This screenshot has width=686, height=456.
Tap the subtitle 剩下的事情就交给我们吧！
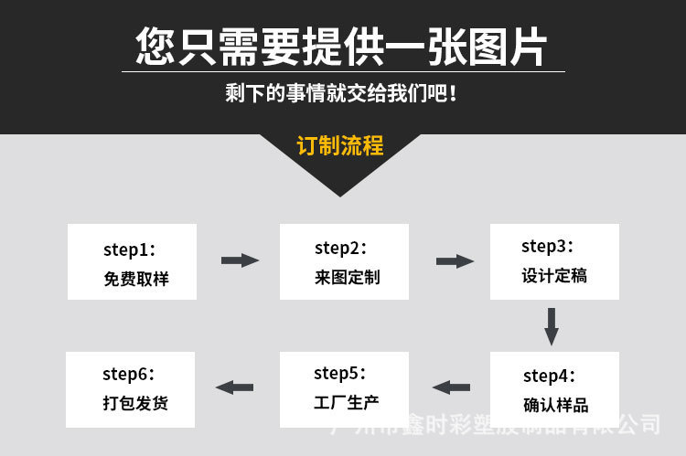[341, 94]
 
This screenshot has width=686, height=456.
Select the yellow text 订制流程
[340, 146]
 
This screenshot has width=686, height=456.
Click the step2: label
[340, 248]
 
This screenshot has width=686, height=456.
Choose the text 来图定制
[347, 278]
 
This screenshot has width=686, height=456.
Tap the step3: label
[548, 246]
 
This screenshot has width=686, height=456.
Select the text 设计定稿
[554, 275]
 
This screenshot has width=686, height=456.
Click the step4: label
[549, 376]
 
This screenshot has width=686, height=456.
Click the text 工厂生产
[346, 402]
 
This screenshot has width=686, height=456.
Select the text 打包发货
[134, 403]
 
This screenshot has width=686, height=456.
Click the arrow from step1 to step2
[240, 260]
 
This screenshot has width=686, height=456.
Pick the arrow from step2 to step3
[455, 261]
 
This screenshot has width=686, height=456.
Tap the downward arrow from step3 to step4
[551, 326]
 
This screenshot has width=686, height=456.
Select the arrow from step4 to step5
[451, 387]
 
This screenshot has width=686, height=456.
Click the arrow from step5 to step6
[235, 387]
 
